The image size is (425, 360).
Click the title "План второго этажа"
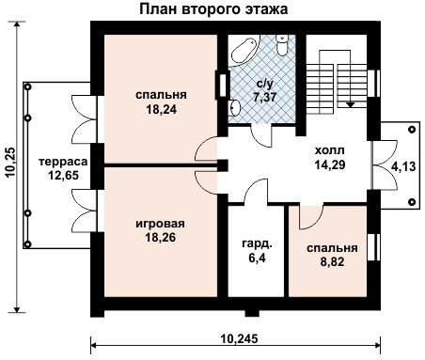click(x=213, y=9)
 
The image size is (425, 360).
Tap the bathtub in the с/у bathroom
click(x=244, y=51)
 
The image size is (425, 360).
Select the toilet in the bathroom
click(x=282, y=44)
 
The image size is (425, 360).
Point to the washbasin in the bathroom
click(x=234, y=107)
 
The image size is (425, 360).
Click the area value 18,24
click(x=162, y=109)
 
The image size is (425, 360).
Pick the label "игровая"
click(x=160, y=224)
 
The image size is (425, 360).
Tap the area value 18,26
click(x=161, y=238)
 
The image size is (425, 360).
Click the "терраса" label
click(x=63, y=162)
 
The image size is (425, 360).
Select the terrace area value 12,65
click(x=63, y=175)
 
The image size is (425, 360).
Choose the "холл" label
click(x=330, y=150)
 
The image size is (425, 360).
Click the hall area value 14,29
click(x=330, y=164)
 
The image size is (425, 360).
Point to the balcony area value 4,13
click(x=403, y=166)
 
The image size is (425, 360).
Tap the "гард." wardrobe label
click(x=257, y=243)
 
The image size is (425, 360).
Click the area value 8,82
click(x=332, y=261)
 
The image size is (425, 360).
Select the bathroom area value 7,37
click(x=265, y=97)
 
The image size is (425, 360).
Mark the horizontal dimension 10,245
click(x=240, y=338)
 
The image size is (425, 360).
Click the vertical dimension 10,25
click(x=11, y=163)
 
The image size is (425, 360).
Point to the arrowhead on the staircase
click(x=351, y=105)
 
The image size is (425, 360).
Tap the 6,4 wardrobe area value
click(x=258, y=258)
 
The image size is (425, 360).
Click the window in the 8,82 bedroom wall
click(x=373, y=247)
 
